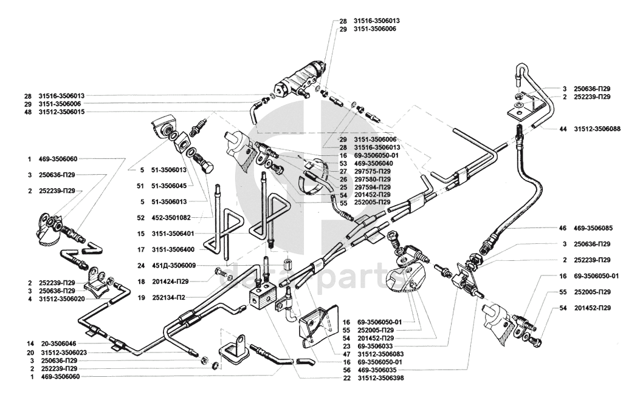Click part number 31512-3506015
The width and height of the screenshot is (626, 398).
[x=61, y=112]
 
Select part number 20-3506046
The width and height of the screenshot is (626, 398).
[x=61, y=343]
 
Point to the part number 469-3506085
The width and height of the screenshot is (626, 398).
[x=596, y=229]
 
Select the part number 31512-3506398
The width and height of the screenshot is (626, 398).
[x=380, y=378]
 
